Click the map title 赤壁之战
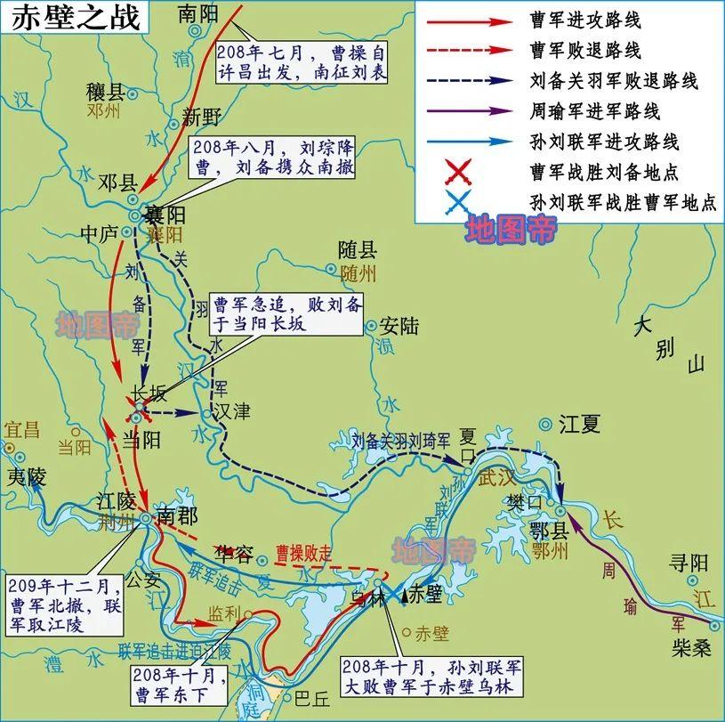pyautogui.click(x=77, y=19)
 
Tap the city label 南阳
pyautogui.click(x=197, y=13)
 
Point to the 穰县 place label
pyautogui.click(x=104, y=92)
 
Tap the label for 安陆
pyautogui.click(x=399, y=326)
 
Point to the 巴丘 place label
pyautogui.click(x=311, y=701)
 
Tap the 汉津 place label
pyautogui.click(x=231, y=411)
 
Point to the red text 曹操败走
pyautogui.click(x=303, y=551)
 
